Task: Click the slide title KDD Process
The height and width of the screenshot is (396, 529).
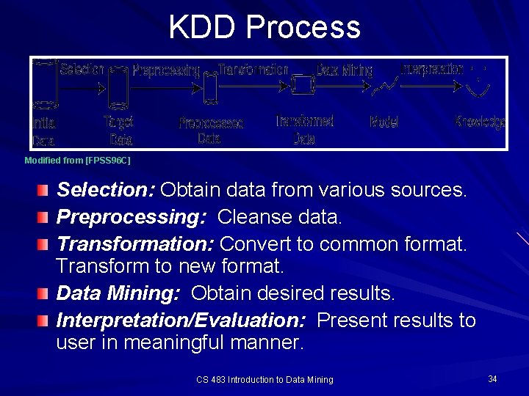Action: coord(264,27)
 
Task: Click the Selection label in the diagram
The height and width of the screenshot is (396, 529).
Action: coord(82,70)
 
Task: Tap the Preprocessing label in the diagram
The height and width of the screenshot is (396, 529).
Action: coord(166,70)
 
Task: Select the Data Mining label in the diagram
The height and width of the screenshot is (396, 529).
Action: coord(345,70)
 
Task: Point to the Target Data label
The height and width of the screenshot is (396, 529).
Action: coord(118,131)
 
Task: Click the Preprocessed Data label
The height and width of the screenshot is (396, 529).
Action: coord(211,131)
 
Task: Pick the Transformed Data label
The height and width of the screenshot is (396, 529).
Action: coord(305,129)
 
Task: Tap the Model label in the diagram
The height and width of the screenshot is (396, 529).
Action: coord(384,122)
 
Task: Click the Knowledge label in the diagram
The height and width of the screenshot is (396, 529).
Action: coord(480,122)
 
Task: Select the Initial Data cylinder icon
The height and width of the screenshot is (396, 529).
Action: coord(45,84)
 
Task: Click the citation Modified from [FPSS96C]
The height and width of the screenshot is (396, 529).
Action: coord(77,160)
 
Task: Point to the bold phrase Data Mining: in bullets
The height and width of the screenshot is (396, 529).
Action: coord(118,294)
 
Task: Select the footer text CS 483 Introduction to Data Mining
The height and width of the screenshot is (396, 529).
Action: coord(264,379)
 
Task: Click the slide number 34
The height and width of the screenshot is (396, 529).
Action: coord(492,378)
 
